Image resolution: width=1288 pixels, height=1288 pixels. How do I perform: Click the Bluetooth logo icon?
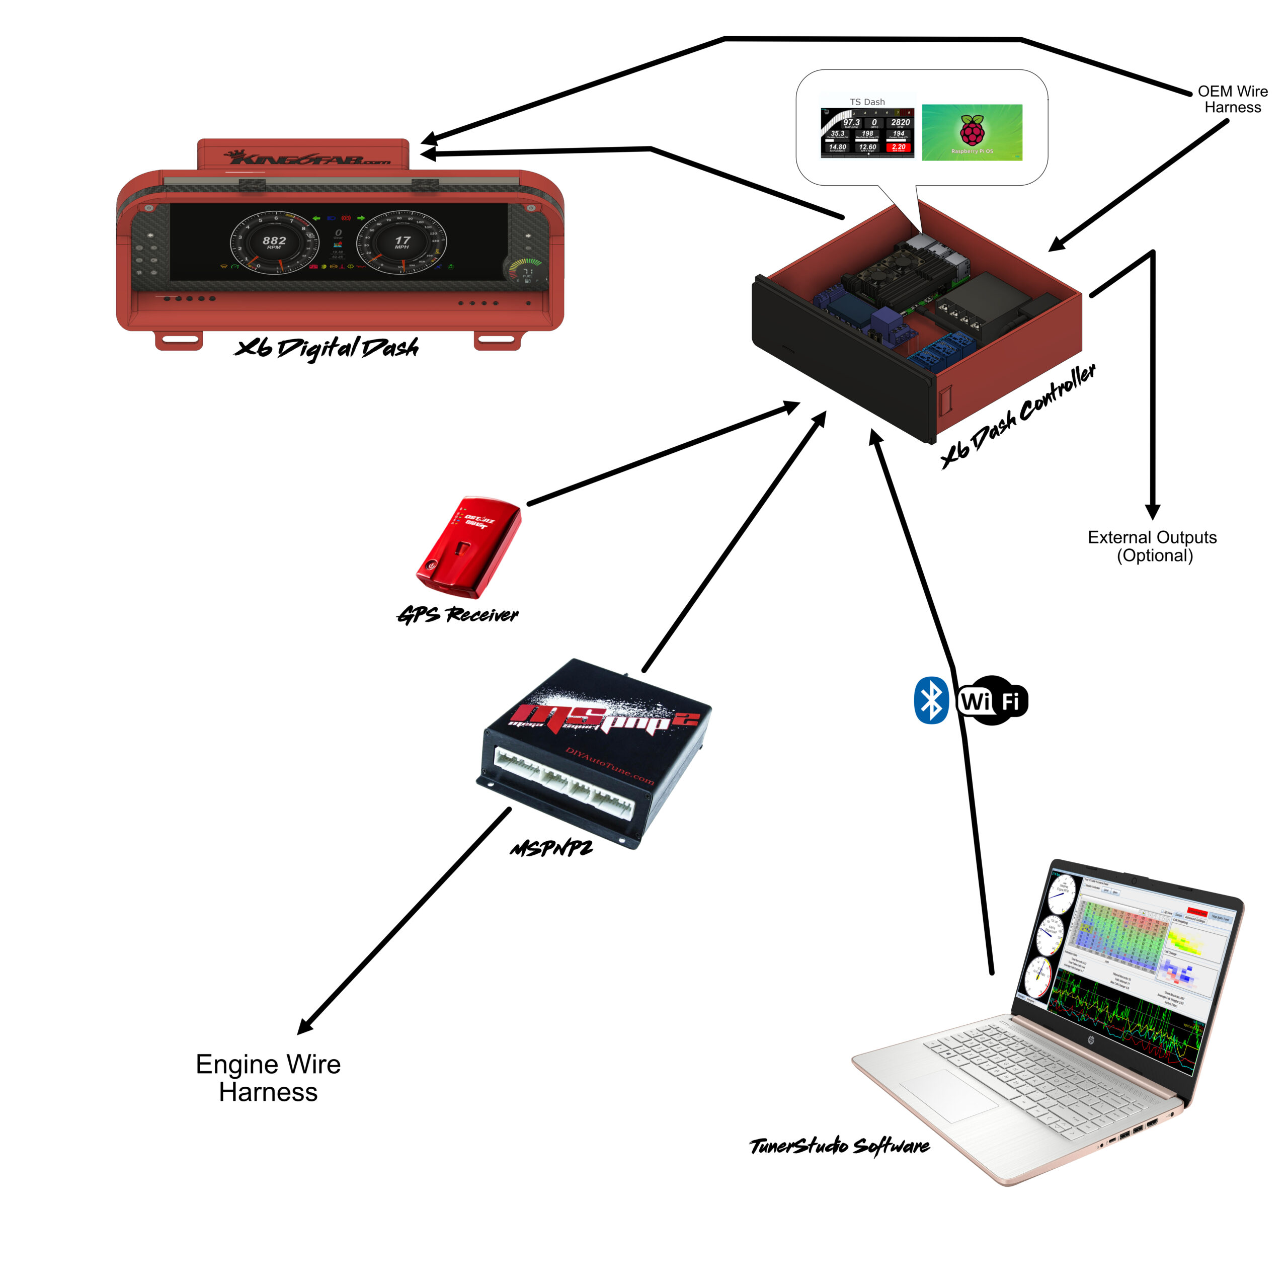931,701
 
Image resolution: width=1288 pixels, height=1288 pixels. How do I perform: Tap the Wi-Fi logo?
992,701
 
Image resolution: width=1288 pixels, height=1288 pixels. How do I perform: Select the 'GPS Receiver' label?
458,615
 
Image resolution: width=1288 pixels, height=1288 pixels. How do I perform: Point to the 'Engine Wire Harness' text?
268,1078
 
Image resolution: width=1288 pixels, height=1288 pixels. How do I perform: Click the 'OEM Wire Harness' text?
1232,99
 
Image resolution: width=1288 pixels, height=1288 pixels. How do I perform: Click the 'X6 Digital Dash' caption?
327,347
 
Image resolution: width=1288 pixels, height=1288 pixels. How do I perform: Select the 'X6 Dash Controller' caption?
1018,416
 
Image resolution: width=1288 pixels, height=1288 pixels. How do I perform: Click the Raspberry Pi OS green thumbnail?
972,132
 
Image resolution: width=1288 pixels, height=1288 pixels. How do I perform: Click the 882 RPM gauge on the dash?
275,243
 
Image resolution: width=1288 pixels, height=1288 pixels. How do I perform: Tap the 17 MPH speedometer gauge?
401,243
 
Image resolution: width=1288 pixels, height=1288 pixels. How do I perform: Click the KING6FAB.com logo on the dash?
308,158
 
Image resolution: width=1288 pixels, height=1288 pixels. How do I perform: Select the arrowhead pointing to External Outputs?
1153,512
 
